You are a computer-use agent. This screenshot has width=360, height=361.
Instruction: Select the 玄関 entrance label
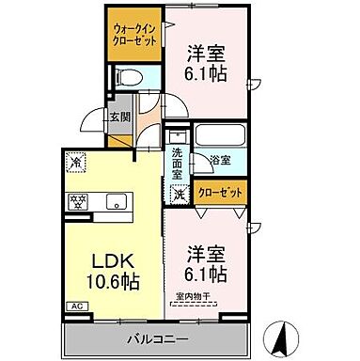point(118,117)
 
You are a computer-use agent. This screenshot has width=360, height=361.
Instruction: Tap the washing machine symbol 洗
point(178,195)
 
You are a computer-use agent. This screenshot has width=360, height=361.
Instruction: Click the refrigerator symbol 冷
point(76,162)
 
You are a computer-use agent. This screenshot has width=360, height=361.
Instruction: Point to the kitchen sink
point(117,200)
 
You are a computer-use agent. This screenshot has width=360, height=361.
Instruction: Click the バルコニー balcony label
point(159,337)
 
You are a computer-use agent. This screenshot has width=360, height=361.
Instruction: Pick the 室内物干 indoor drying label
point(194,299)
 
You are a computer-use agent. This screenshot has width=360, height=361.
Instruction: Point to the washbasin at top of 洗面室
point(176,135)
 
